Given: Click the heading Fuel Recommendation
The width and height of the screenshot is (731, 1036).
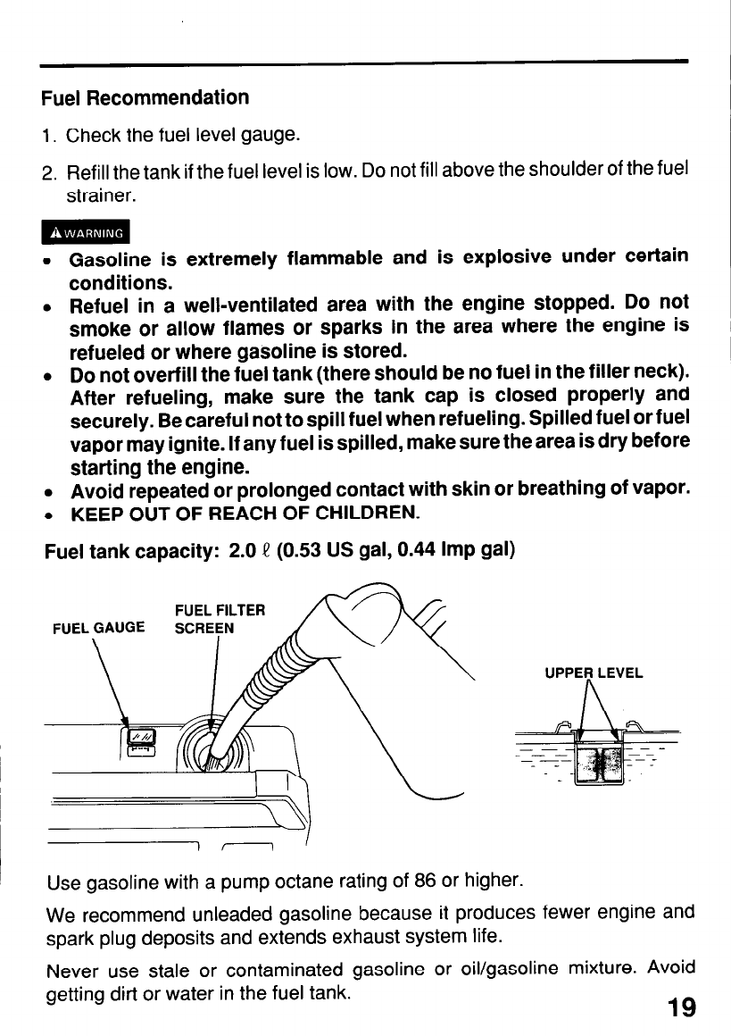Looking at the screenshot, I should pyautogui.click(x=145, y=96).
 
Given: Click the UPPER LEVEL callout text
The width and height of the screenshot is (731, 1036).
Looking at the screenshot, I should pyautogui.click(x=594, y=673).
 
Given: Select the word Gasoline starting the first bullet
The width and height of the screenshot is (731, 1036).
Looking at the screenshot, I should pyautogui.click(x=112, y=259).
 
